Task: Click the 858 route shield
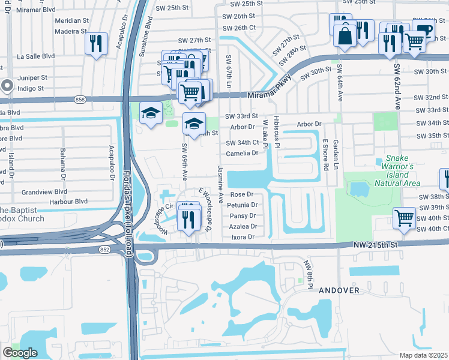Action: [80, 99]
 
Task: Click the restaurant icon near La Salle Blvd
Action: [96, 43]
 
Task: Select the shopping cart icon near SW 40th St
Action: [405, 218]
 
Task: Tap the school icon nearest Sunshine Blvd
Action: [151, 112]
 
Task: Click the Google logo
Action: [20, 353]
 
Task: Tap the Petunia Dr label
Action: [242, 205]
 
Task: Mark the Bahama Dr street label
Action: [62, 163]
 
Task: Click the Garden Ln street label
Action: [336, 152]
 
